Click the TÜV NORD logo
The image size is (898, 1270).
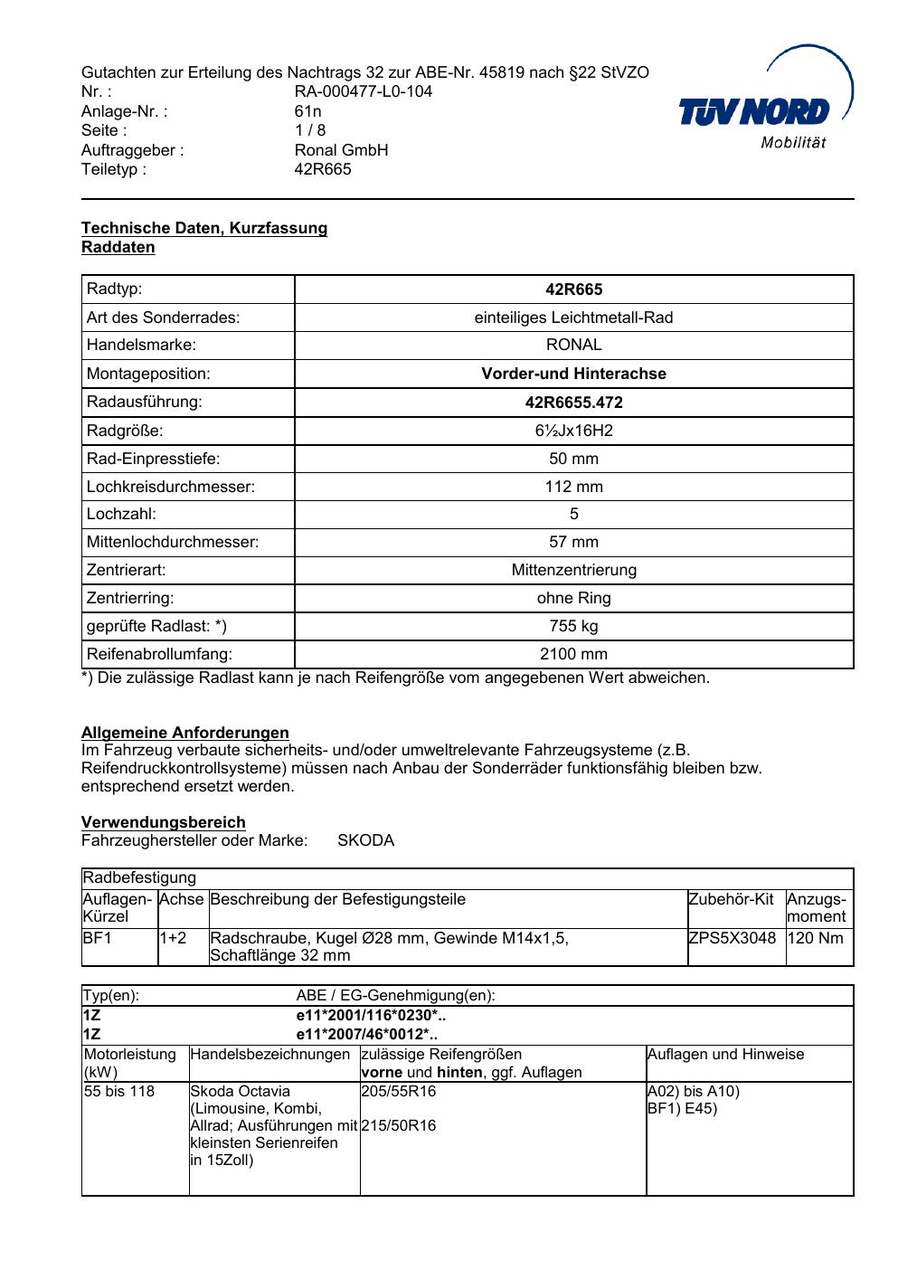point(764,113)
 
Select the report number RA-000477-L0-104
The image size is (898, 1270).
point(363,91)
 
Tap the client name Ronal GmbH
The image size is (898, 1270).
point(341,150)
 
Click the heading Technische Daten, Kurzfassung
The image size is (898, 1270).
point(204,228)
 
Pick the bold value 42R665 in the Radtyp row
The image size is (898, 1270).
point(573,290)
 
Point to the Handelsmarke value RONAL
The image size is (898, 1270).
point(573,345)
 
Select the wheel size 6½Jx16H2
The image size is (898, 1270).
point(573,431)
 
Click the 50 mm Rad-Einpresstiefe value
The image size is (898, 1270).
point(573,459)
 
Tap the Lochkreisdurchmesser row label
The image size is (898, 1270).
point(171,487)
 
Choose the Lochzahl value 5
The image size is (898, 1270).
point(573,514)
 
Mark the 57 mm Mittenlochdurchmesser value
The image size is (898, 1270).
point(573,542)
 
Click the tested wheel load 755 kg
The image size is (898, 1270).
point(573,626)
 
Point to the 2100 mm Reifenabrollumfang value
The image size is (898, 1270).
point(573,654)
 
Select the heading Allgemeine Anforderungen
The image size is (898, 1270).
point(185,733)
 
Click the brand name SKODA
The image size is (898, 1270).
point(365,840)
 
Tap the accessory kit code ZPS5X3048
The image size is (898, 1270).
point(732,938)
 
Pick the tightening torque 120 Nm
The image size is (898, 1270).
point(815,938)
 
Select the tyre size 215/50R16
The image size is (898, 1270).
point(398,1126)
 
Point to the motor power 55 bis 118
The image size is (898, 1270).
point(119,1092)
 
